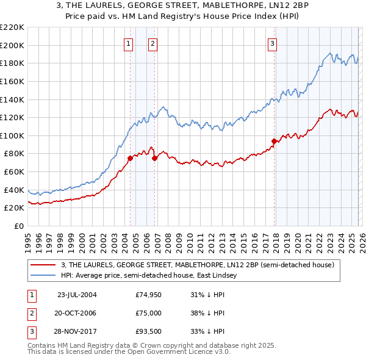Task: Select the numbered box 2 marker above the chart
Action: coord(152,43)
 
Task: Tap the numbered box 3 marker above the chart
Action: coord(271,43)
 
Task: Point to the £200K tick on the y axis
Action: coord(13,45)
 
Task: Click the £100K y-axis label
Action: coord(13,135)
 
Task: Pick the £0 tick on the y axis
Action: coord(19,226)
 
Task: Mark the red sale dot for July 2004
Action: coord(130,158)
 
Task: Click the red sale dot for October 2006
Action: coord(154,158)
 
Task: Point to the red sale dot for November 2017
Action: coord(274,142)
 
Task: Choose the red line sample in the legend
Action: coord(44,265)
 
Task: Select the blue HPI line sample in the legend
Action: coord(44,276)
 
